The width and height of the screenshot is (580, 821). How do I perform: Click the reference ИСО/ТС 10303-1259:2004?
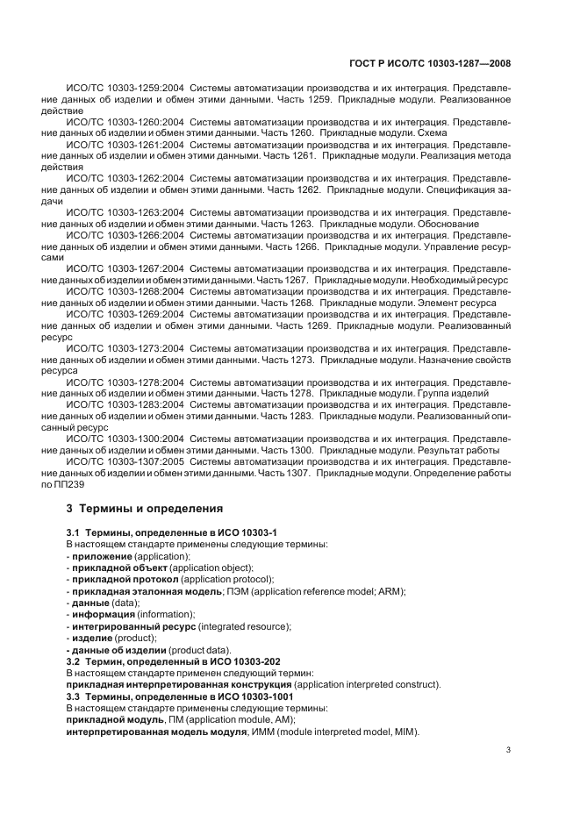[124, 88]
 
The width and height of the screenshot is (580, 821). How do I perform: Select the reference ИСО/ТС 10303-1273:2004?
[124, 348]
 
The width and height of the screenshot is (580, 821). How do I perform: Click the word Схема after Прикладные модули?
[433, 132]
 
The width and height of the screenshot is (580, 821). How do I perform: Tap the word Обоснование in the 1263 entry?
[462, 225]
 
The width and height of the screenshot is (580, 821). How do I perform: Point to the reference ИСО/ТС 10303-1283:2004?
[124, 404]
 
